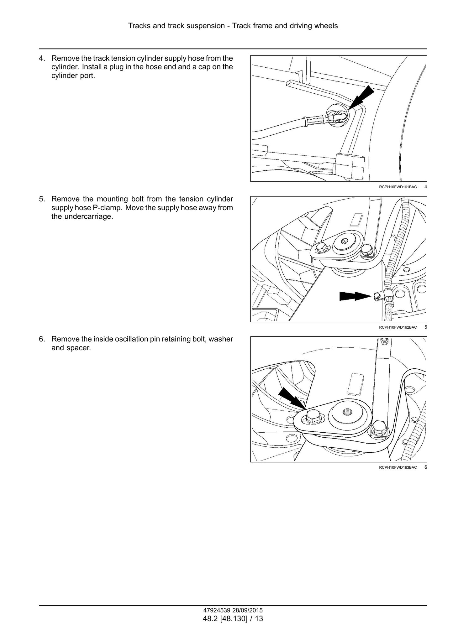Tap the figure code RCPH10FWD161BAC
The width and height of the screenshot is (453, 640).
pyautogui.click(x=398, y=187)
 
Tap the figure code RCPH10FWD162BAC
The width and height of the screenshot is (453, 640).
pyautogui.click(x=398, y=327)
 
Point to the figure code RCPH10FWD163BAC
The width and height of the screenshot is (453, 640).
pyautogui.click(x=398, y=467)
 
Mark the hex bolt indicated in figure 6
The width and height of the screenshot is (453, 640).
pyautogui.click(x=312, y=417)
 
